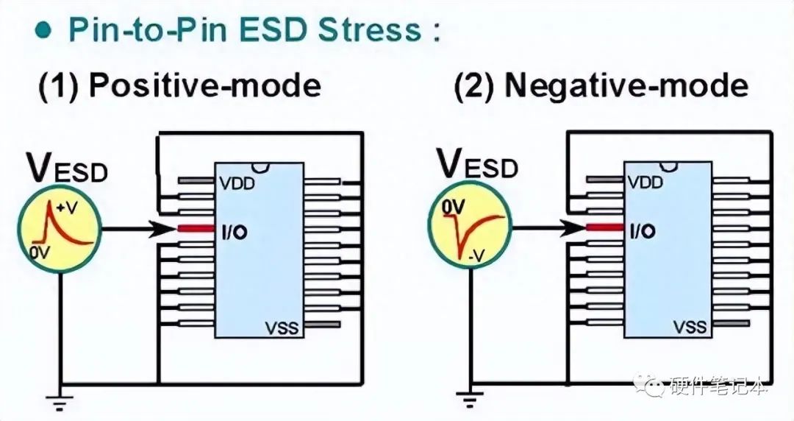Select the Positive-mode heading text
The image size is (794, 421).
click(x=179, y=86)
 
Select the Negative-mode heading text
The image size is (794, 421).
click(x=601, y=86)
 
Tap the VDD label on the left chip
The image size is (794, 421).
click(x=237, y=183)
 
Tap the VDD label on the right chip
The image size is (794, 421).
click(x=647, y=183)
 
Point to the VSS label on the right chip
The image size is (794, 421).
click(x=690, y=327)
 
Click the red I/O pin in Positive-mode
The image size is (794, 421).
click(x=195, y=229)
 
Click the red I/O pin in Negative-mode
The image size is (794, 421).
click(x=606, y=229)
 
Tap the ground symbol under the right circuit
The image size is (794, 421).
click(x=467, y=401)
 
